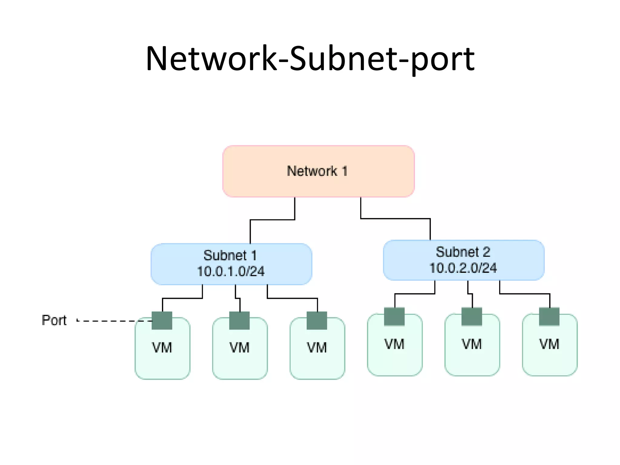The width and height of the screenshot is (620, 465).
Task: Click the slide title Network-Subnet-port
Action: coord(310,59)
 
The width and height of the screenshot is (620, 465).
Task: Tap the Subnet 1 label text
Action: coord(230,255)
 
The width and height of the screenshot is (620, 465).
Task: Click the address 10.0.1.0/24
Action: coord(231,271)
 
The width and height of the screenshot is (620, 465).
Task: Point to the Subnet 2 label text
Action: coord(463,252)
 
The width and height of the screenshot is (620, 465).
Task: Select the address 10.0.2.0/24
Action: coord(463,268)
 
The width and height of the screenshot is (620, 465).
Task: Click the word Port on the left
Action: coord(54,320)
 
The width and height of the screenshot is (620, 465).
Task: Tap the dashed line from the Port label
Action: coord(115,321)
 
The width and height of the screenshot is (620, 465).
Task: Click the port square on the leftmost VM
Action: coord(162,321)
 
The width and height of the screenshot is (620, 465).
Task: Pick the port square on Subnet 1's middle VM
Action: coord(239,321)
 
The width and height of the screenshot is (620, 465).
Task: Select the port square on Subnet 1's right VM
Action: coord(317,321)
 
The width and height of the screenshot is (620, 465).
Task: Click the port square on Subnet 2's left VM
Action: coord(394,317)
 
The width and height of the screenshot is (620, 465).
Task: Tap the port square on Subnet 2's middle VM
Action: coord(472,317)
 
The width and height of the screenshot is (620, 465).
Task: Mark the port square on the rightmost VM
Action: coord(549,317)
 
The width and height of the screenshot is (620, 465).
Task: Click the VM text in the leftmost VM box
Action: coord(162,348)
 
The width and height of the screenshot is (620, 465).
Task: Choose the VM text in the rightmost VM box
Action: coord(549,344)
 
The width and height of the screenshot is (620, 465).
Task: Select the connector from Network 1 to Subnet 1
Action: coord(272,220)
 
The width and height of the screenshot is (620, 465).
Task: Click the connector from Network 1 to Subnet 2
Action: coord(395,218)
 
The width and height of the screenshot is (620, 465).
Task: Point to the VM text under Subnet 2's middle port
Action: coord(472,344)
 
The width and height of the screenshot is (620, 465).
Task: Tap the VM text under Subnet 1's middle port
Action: coord(239,348)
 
